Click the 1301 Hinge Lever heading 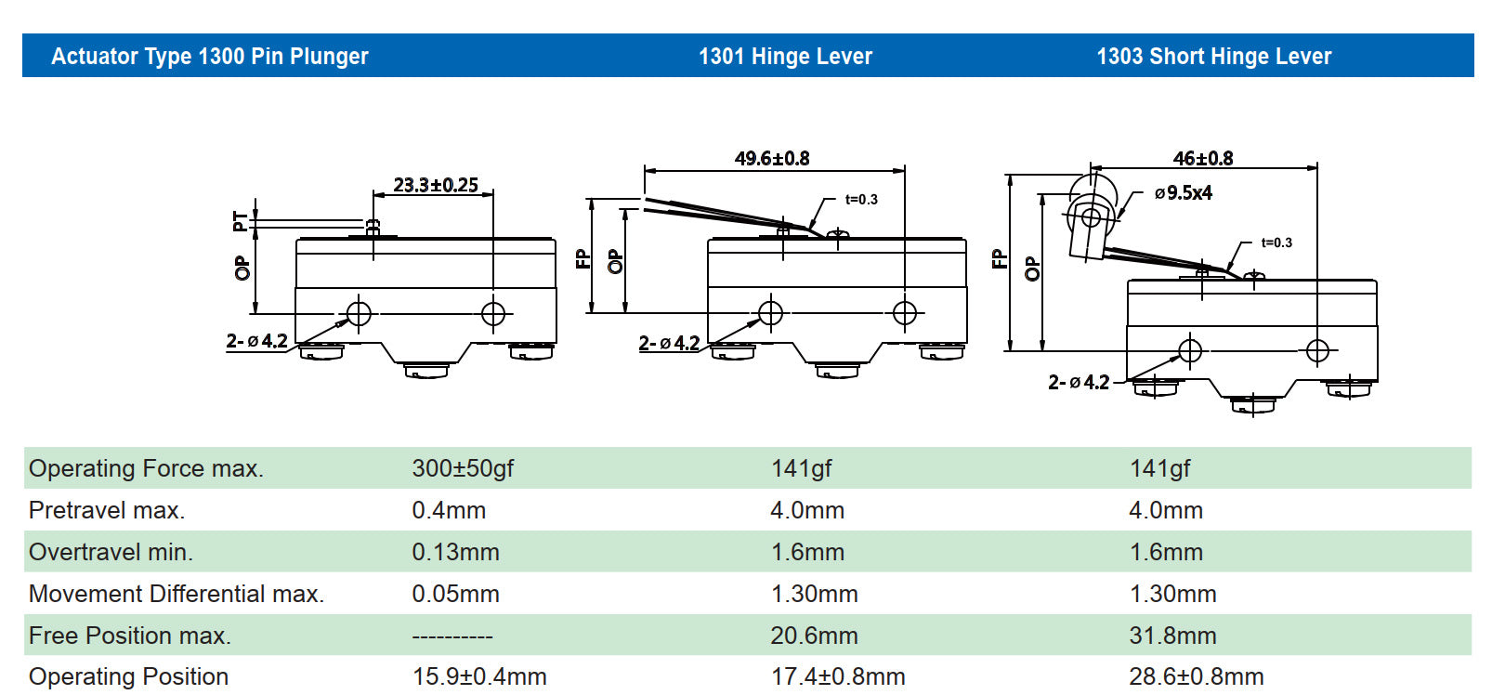click(x=785, y=57)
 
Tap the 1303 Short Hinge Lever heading click(x=1213, y=57)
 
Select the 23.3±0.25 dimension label click(x=436, y=185)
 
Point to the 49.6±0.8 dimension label click(x=772, y=159)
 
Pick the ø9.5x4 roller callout click(x=1184, y=193)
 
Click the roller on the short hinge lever click(x=1091, y=216)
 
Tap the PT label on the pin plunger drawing click(x=240, y=221)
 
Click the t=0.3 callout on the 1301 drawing click(x=861, y=199)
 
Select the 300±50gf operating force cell click(x=463, y=468)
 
